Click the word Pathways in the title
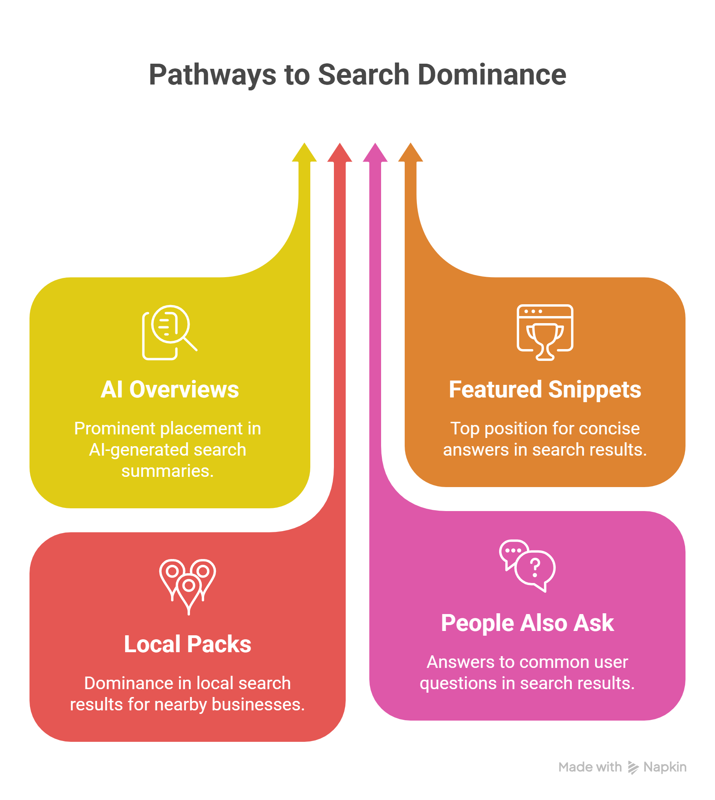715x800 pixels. (x=212, y=75)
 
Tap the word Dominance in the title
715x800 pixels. (x=492, y=75)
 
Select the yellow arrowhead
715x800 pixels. (x=304, y=153)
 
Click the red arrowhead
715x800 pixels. (x=340, y=153)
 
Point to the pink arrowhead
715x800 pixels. (x=375, y=153)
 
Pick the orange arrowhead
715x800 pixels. (x=411, y=153)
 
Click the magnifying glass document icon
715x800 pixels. (x=168, y=332)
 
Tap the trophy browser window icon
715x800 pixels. (x=545, y=332)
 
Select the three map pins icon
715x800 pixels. (x=188, y=586)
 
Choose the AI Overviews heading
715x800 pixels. (x=170, y=390)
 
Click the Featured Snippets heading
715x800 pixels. (x=545, y=390)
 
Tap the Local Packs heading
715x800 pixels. (x=188, y=644)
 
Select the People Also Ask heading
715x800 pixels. (x=527, y=623)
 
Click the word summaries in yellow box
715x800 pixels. (x=167, y=471)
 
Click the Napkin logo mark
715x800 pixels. (x=632, y=767)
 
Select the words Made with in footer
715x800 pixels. (x=590, y=767)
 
